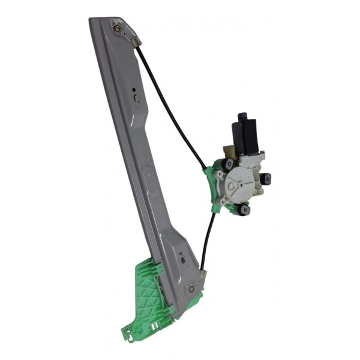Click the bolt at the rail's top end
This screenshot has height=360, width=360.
[116, 26]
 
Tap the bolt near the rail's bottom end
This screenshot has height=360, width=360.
[191, 289]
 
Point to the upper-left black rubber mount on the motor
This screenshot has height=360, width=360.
[229, 164]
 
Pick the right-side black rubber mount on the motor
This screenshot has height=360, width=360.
[265, 178]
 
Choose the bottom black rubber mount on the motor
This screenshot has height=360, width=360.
[243, 209]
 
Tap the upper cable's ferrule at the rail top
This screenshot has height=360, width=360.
[136, 42]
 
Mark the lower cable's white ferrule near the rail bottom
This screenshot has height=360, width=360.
[203, 274]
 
